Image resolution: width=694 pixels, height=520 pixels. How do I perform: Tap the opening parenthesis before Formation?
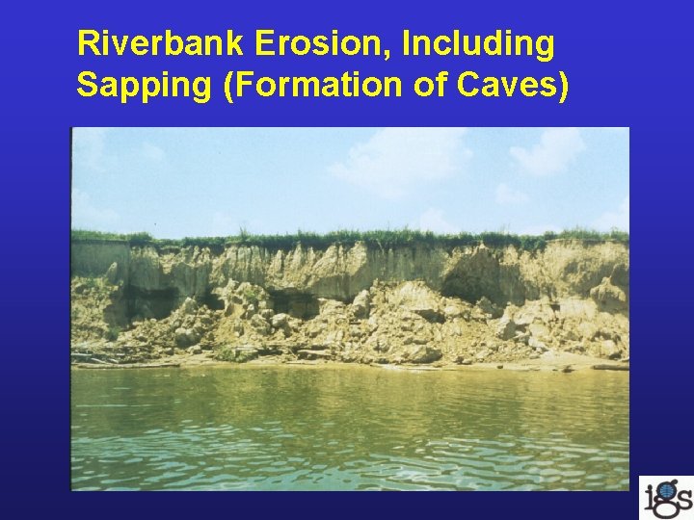228,86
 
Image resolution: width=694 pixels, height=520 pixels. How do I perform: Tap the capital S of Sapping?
88,85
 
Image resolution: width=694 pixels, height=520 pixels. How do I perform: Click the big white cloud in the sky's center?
395,164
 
